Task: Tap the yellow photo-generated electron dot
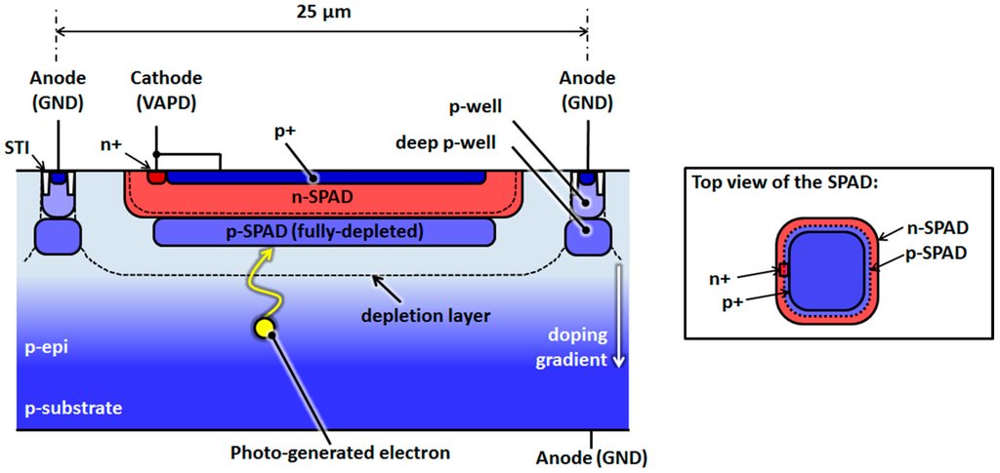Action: coord(264,329)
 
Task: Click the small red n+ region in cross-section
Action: coord(156,177)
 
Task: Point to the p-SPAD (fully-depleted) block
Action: coord(323,232)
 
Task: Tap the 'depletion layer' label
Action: coord(425,315)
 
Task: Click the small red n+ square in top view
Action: coord(783,269)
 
